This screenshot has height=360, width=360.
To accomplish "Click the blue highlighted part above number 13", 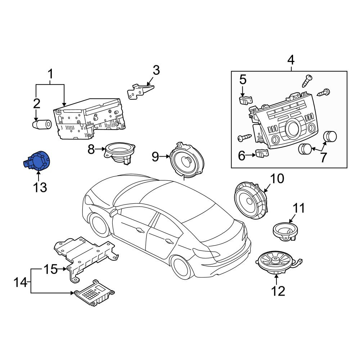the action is [37, 161].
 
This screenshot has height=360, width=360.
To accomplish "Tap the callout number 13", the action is [40, 187].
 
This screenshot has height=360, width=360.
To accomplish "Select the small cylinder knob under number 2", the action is [42, 124].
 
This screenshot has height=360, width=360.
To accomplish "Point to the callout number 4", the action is [291, 60].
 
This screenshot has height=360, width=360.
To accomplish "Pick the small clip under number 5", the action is [246, 100].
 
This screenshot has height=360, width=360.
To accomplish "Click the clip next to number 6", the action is [262, 153].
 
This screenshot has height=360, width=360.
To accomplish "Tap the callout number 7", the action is [323, 158].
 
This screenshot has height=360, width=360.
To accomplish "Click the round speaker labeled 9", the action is [186, 160].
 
